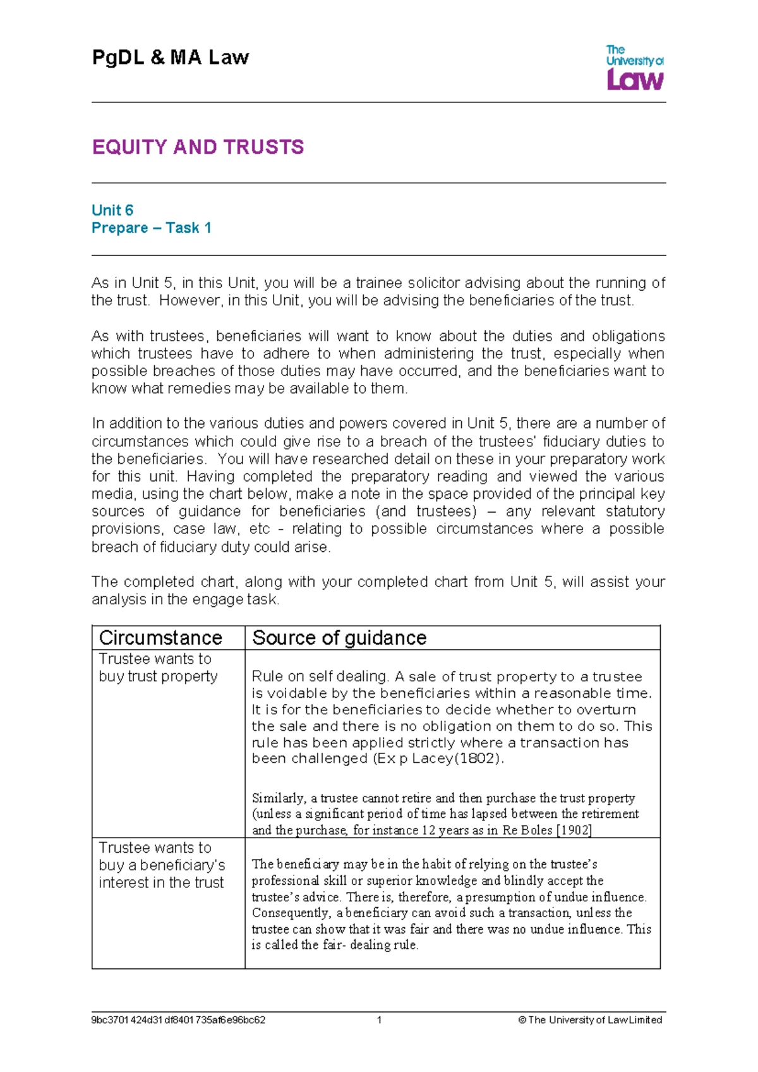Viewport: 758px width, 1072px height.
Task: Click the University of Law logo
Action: pos(635,68)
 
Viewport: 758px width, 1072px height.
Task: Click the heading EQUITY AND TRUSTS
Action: pos(198,147)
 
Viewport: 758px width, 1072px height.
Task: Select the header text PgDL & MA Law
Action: pos(171,58)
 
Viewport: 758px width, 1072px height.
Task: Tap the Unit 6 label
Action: pos(112,210)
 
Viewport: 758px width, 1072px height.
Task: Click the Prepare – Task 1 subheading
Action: pos(151,228)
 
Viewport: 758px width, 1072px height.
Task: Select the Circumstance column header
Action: pos(160,638)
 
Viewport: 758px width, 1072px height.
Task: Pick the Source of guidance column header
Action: pos(339,638)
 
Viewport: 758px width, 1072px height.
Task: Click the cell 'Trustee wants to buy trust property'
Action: pos(158,667)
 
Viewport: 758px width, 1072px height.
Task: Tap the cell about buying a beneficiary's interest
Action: pos(162,865)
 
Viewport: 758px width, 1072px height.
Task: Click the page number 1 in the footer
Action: pos(379,1020)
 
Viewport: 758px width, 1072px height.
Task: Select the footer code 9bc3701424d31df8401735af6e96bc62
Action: pos(178,1020)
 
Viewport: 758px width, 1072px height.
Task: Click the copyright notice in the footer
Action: pos(590,1020)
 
